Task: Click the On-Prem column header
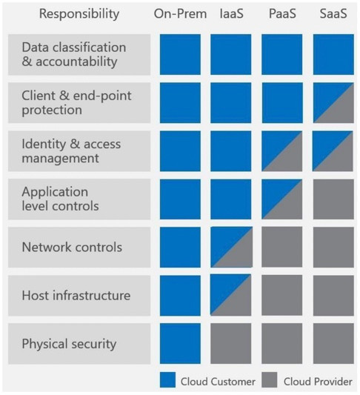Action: point(180,13)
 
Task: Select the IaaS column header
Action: point(231,13)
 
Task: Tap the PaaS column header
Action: point(282,13)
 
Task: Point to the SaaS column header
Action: point(333,13)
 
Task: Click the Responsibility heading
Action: point(79,14)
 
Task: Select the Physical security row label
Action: point(69,344)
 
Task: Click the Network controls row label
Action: point(72,247)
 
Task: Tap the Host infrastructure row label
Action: point(76,296)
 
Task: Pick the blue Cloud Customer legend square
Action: point(167,380)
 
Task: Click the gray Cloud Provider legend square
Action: point(270,380)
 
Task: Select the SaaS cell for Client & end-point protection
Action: point(333,103)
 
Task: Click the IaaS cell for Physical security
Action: point(231,344)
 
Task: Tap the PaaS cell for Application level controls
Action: point(282,199)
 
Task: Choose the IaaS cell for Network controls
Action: point(232,247)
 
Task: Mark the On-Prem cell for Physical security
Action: point(180,344)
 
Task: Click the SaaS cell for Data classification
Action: point(333,54)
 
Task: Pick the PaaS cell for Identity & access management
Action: point(282,151)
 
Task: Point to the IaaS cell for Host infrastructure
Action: point(231,295)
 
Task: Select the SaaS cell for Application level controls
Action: point(333,199)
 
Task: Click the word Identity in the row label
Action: point(44,145)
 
